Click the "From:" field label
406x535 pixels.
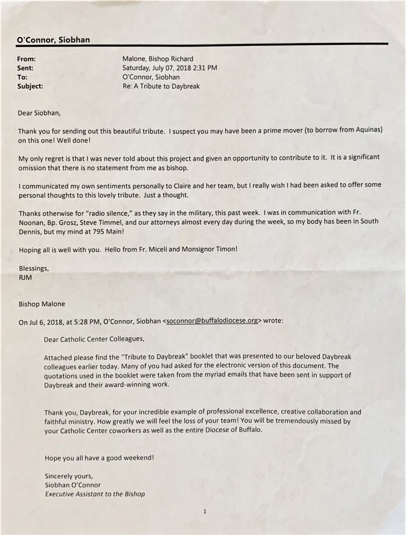pyautogui.click(x=27, y=59)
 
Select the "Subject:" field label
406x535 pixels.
pyautogui.click(x=31, y=86)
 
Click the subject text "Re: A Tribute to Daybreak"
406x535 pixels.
pyautogui.click(x=161, y=86)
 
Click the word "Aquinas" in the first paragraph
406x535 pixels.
pyautogui.click(x=365, y=130)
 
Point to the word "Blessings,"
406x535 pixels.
pyautogui.click(x=34, y=267)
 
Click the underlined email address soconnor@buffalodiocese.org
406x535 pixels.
pyautogui.click(x=211, y=321)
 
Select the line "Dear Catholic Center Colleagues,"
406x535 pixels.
pyautogui.click(x=94, y=340)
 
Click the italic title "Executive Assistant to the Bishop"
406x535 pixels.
pyautogui.click(x=95, y=494)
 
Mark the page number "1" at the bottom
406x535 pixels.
pyautogui.click(x=204, y=511)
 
